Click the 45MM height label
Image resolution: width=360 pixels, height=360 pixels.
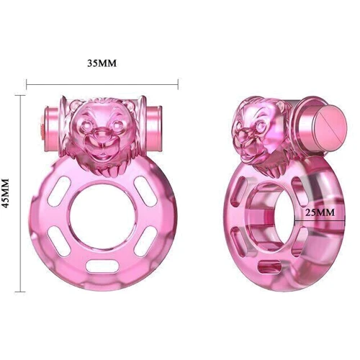(8, 194)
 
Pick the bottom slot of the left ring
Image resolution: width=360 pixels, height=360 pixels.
(102, 268)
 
